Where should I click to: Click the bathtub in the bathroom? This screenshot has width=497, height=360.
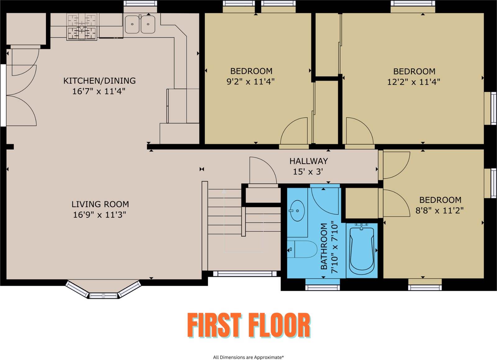tap(362, 250)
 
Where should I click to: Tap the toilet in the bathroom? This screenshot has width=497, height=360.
tap(303, 249)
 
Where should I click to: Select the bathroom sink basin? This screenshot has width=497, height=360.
tap(297, 211)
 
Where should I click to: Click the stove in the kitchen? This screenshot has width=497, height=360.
tap(82, 27)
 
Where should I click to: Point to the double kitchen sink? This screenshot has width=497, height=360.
tap(140, 24)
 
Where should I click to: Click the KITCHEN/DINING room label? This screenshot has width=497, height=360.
tap(99, 81)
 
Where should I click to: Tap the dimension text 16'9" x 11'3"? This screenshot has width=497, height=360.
tap(99, 215)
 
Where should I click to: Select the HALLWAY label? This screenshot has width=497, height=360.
tap(308, 161)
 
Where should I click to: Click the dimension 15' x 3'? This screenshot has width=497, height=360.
tap(308, 172)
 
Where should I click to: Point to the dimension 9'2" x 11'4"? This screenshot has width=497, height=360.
tap(250, 82)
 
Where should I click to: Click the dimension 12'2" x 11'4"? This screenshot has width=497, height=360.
tap(413, 82)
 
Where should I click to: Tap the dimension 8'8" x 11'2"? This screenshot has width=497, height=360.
tap(440, 210)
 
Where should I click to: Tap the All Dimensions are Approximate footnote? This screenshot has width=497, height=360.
tap(248, 357)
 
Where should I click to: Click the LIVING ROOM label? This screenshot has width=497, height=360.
tap(100, 204)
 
